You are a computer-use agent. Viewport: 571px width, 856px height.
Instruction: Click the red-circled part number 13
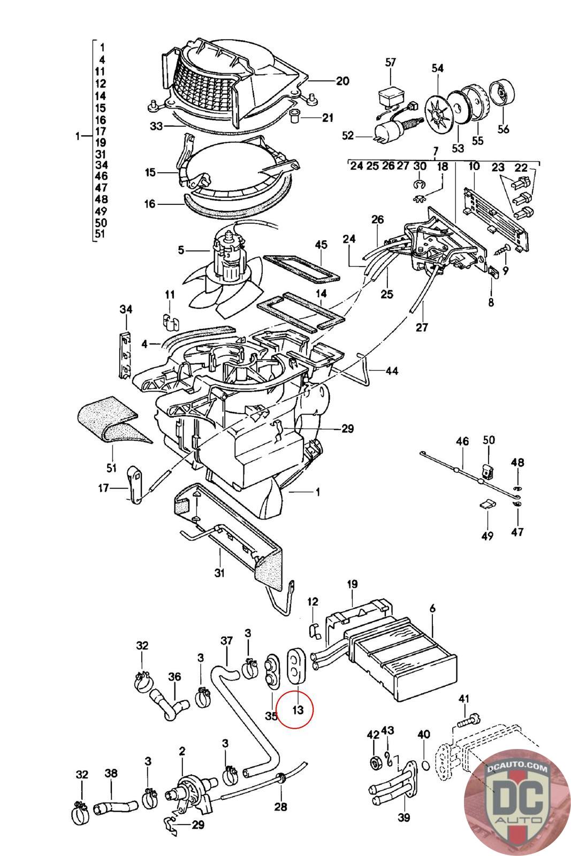click(298, 710)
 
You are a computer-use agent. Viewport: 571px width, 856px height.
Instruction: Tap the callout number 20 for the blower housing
click(342, 81)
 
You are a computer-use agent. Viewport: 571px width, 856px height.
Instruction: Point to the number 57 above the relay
click(390, 63)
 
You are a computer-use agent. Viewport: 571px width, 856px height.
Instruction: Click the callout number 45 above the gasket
click(321, 245)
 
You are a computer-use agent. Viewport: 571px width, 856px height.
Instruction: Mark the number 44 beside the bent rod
click(392, 371)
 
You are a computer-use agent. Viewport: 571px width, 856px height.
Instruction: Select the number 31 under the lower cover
click(219, 573)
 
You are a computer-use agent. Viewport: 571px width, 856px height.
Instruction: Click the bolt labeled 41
click(469, 719)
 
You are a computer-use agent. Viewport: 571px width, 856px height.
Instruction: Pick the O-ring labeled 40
click(423, 763)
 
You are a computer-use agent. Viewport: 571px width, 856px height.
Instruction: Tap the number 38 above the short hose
click(111, 774)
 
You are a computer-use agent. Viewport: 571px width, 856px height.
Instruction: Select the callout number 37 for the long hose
click(227, 641)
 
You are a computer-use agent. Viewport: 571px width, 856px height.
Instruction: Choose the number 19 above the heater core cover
click(352, 584)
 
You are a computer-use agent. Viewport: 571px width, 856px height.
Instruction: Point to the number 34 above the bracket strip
click(126, 309)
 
